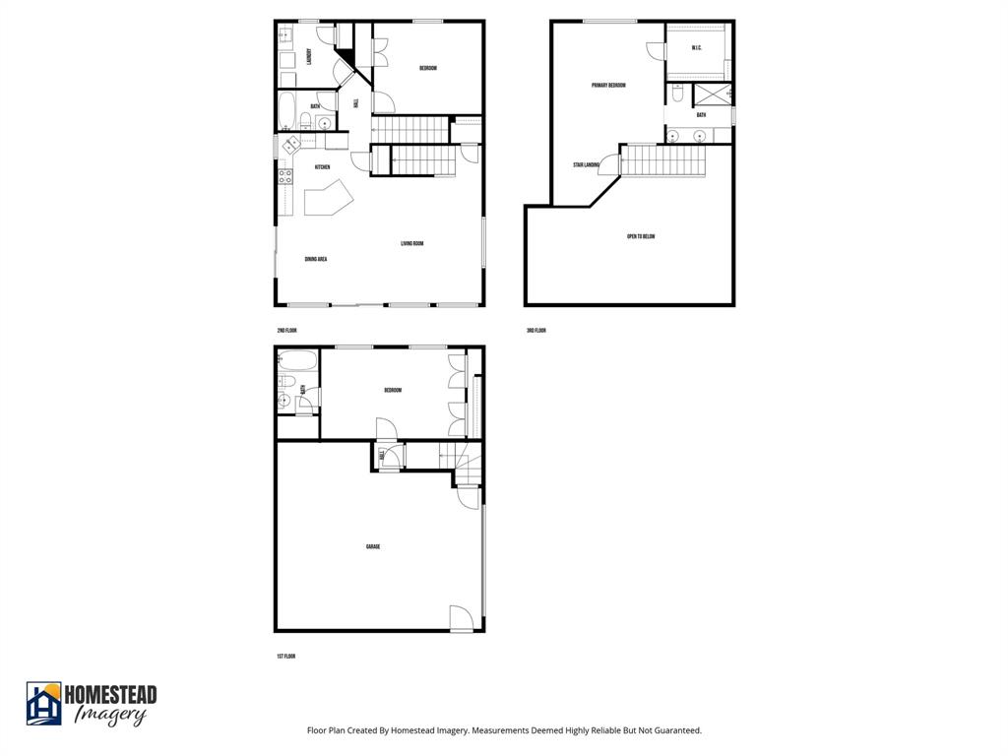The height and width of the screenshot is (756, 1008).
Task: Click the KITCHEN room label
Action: point(322,168)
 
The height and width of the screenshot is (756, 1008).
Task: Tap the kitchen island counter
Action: point(328,203)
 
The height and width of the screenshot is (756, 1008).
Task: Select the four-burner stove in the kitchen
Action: point(285,177)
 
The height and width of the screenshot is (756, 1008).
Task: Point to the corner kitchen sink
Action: point(291,145)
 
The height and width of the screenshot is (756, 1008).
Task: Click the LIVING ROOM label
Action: point(411,244)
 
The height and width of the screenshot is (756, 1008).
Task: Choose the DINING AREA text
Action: point(316,259)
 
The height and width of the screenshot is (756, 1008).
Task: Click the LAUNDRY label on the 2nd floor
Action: point(310,57)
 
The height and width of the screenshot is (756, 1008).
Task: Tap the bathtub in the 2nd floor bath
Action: point(286,110)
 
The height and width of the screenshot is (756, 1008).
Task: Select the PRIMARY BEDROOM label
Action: point(608,86)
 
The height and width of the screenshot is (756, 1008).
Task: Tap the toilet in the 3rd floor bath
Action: point(678,95)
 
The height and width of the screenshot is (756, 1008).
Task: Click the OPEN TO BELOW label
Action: point(641,236)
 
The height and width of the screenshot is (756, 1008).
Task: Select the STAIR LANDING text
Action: point(586,165)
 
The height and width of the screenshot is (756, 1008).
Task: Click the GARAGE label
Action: point(373,546)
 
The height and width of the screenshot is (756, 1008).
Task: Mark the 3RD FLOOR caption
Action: point(536,331)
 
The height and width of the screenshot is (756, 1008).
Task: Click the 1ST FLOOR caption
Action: point(285,656)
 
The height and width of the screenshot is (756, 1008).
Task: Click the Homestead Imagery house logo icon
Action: point(43,703)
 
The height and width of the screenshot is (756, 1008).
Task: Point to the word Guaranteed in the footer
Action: point(677,730)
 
